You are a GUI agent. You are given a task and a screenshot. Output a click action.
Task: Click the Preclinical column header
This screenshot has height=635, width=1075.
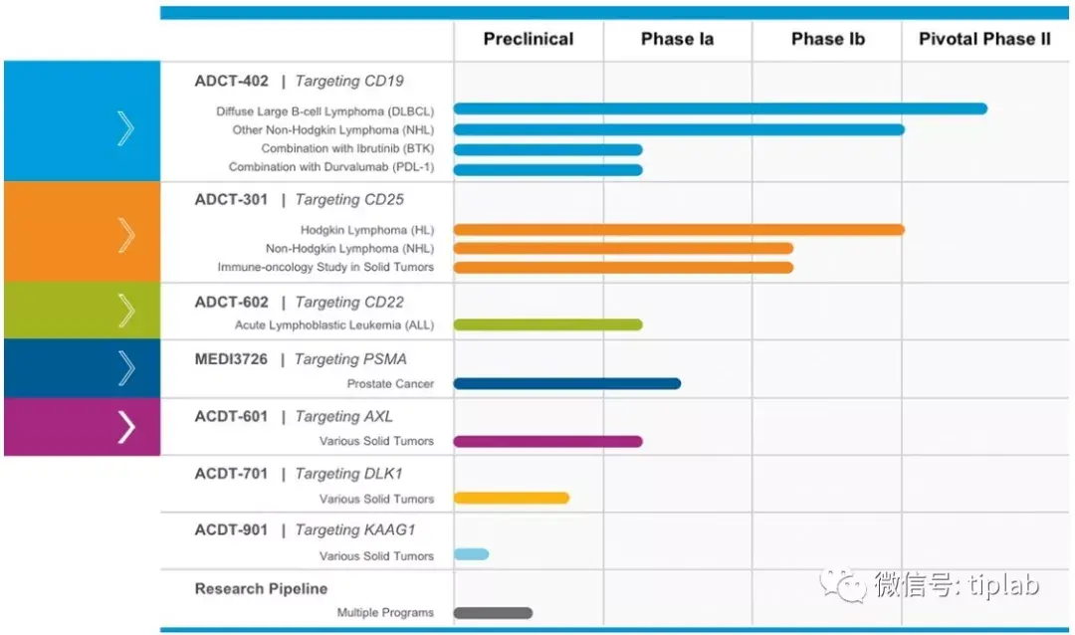click(529, 40)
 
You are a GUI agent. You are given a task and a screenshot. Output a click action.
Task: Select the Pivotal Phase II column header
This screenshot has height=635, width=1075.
click(984, 40)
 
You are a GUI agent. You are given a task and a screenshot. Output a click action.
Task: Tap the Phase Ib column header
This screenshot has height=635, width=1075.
click(827, 40)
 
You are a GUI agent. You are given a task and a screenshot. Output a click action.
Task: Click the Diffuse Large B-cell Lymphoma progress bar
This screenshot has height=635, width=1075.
click(720, 108)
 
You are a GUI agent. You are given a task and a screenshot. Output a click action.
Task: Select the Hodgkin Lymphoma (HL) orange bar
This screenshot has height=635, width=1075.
click(678, 230)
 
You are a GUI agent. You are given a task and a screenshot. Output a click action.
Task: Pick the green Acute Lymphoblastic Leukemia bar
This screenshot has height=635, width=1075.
click(547, 324)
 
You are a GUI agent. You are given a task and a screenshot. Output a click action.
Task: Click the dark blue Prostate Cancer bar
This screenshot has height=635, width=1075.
click(566, 383)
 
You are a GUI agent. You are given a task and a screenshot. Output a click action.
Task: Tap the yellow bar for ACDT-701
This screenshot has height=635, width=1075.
click(511, 498)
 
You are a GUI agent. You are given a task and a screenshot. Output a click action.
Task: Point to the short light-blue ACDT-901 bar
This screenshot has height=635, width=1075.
click(471, 554)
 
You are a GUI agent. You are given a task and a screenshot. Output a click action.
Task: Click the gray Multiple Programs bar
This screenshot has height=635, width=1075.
click(493, 613)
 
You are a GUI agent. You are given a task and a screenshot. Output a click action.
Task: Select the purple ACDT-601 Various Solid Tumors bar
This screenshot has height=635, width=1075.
click(547, 441)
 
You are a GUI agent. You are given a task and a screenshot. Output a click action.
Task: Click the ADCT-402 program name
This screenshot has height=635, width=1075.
click(231, 82)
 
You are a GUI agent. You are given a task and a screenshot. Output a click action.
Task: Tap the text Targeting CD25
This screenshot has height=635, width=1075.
click(349, 200)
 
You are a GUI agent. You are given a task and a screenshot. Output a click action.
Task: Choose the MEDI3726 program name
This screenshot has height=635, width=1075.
click(231, 359)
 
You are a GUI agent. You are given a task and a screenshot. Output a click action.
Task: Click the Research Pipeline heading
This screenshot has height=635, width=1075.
click(261, 589)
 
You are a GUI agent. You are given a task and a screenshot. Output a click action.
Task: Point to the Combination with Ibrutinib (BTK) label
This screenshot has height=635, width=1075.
click(347, 148)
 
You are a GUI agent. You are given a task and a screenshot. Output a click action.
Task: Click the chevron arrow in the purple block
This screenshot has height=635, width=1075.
click(125, 427)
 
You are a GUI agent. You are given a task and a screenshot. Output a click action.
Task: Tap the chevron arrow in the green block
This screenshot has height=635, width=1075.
click(125, 311)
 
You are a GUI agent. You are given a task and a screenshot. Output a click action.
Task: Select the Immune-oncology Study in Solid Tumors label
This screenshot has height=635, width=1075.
click(325, 267)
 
